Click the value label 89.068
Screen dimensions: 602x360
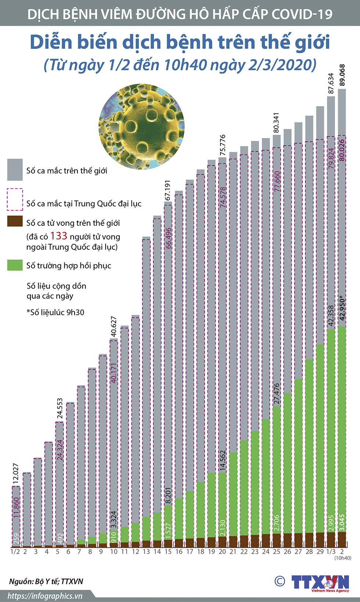tap(342, 75)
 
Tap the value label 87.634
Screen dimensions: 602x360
tap(331, 84)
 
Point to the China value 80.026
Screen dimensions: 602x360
tap(342, 150)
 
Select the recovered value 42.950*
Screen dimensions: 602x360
tap(342, 308)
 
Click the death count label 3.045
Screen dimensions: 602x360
tap(342, 522)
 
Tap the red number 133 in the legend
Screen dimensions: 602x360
tap(59, 236)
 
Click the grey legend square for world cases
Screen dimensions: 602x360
tap(15, 170)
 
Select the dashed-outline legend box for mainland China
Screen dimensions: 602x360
tap(15, 199)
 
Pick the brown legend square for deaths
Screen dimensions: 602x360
tap(15, 221)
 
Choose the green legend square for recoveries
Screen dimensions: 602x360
tap(15, 265)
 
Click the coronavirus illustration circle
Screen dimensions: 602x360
tap(141, 127)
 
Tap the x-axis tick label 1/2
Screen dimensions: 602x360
tap(15, 552)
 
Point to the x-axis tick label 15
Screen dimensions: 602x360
tap(168, 552)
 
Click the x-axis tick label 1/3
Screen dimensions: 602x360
tap(331, 552)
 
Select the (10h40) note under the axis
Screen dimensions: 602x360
tap(343, 558)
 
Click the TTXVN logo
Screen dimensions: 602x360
tap(320, 583)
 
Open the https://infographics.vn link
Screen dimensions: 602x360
tap(45, 596)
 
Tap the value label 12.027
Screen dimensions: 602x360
tap(15, 473)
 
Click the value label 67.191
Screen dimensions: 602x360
tap(168, 190)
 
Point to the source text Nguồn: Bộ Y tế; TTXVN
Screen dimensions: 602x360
tap(46, 581)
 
